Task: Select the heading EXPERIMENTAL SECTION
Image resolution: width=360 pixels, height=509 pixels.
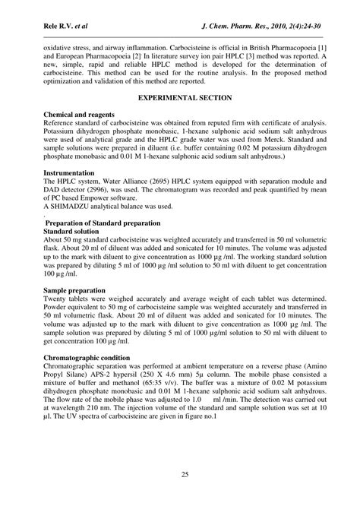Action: pos(180,99)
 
